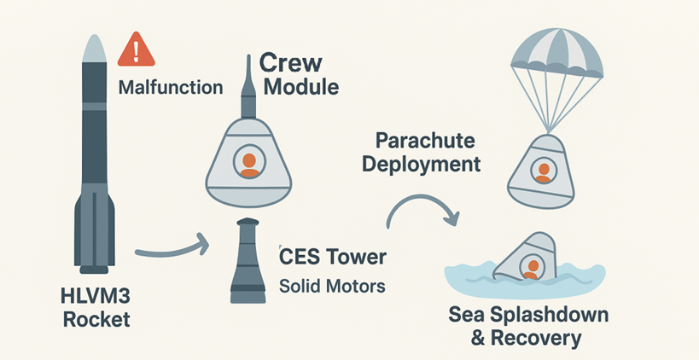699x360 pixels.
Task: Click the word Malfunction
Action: [171, 87]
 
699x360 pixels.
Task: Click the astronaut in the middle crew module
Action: [249, 163]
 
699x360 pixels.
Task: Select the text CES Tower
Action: [332, 254]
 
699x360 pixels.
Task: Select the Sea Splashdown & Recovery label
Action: [528, 326]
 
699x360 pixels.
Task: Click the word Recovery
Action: [538, 339]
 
